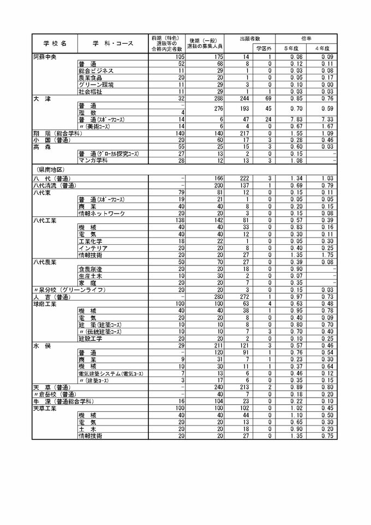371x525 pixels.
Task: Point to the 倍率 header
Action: click(306, 38)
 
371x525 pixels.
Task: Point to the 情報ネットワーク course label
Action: click(102, 213)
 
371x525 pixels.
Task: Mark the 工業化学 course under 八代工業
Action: click(91, 240)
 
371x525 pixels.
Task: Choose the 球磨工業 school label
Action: click(45, 304)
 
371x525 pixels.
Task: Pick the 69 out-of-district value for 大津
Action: click(268, 99)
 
